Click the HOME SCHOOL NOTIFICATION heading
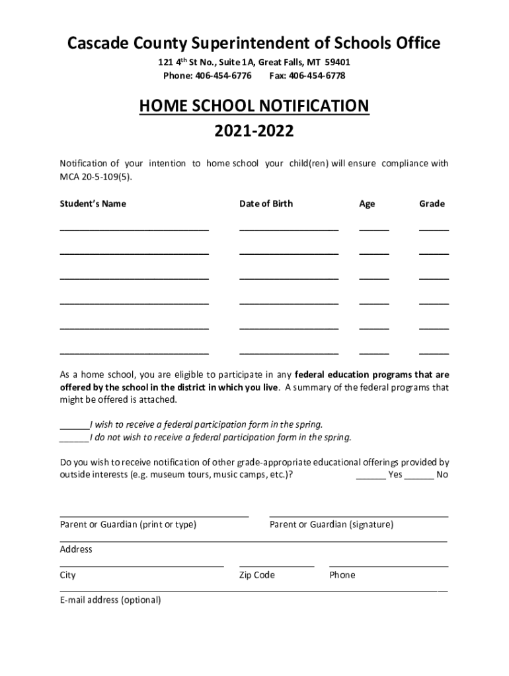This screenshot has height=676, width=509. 254,106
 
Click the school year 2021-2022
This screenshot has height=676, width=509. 254,131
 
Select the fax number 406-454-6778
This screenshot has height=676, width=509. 317,76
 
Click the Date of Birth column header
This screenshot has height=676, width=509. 266,203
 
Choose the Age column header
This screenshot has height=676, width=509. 367,203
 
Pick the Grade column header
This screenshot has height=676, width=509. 432,203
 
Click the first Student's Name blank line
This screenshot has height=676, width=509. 134,228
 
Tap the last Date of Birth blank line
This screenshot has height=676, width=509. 289,353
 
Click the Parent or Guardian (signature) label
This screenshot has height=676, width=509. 331,524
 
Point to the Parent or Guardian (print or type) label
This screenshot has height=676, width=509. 128,524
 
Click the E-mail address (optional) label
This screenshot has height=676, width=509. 110,600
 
